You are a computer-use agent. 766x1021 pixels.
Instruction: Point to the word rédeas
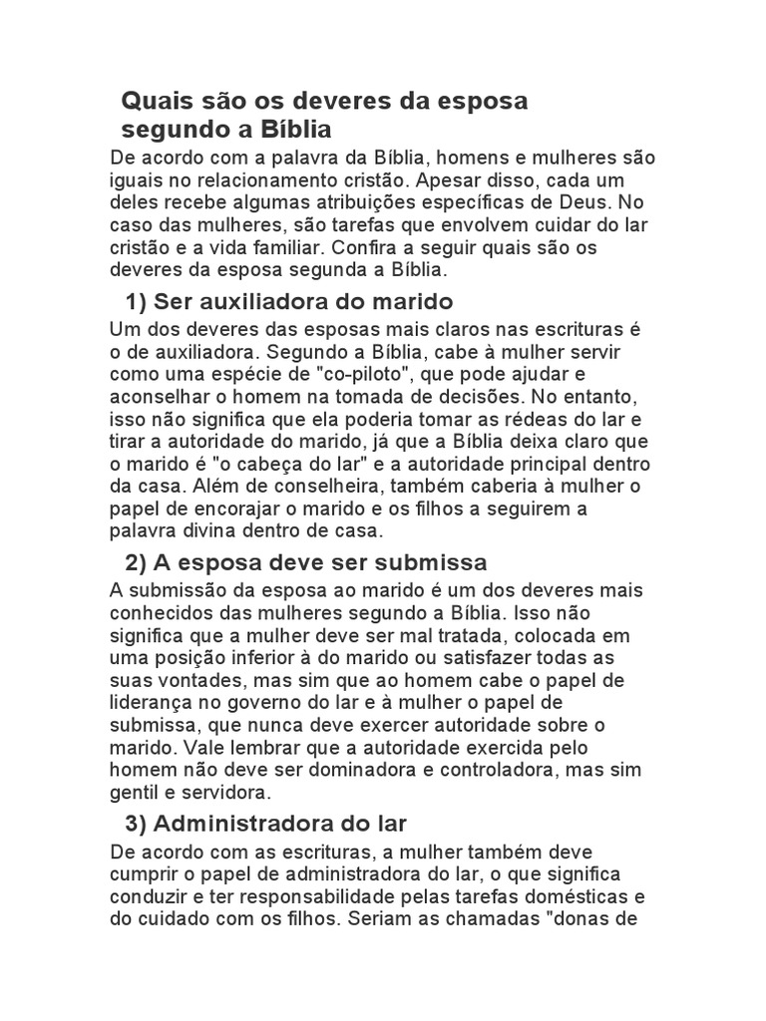(509, 418)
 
